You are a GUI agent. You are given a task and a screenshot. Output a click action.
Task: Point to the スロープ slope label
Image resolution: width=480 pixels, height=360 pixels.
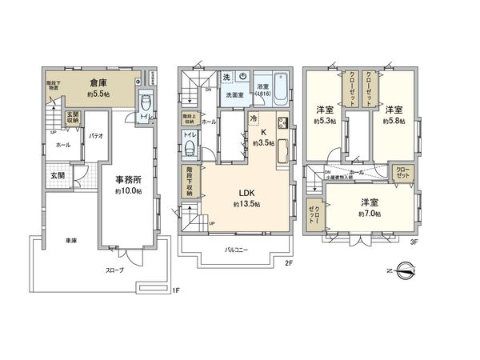(x=115, y=270)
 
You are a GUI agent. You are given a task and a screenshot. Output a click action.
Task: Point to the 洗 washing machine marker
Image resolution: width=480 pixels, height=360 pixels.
(x=227, y=77)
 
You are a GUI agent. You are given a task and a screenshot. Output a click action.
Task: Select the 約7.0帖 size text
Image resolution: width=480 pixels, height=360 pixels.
(x=369, y=214)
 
